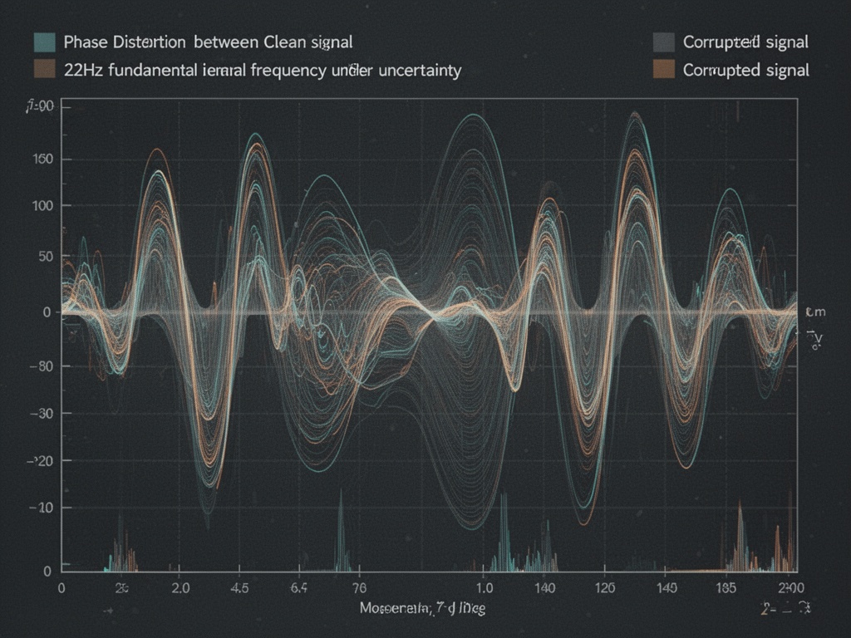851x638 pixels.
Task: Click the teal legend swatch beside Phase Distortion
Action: pos(44,42)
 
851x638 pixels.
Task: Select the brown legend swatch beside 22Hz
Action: pos(44,70)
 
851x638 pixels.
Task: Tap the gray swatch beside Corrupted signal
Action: pos(663,42)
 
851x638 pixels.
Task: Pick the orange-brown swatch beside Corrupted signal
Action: pos(663,70)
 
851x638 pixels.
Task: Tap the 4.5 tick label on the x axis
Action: pos(239,588)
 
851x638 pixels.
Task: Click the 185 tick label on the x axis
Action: pos(726,588)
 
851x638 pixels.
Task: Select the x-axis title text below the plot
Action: pos(423,609)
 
